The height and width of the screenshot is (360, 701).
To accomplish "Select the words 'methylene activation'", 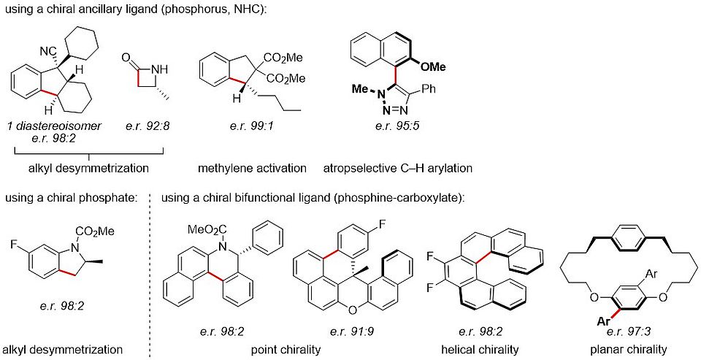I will (251, 168).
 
